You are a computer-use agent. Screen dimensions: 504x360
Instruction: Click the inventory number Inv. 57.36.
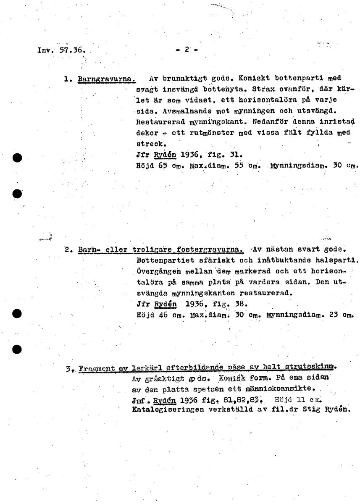pos(61,50)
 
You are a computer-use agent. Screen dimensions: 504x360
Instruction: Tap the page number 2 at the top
pos(187,49)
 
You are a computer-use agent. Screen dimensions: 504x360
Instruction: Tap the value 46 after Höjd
pos(163,314)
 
